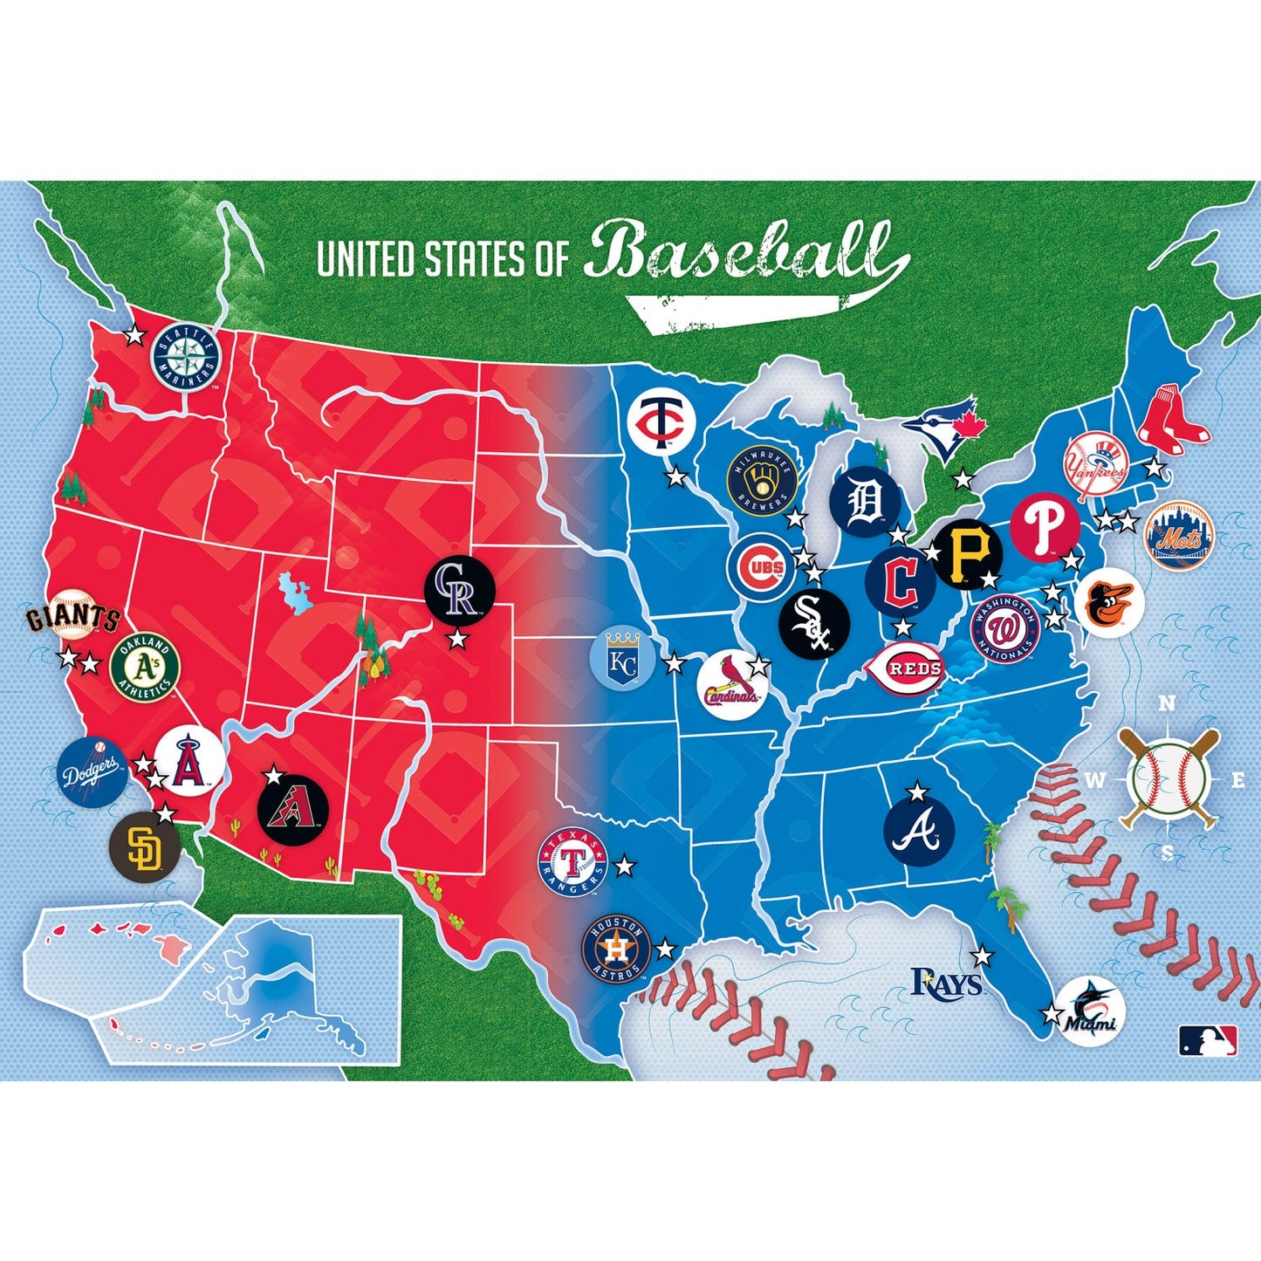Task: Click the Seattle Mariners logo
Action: coord(184,356)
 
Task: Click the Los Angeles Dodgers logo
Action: coord(93,771)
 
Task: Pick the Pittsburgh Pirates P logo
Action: coord(967,552)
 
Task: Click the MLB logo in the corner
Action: coord(1208,1040)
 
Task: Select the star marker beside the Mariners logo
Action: coord(134,335)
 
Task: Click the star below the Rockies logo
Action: coord(456,641)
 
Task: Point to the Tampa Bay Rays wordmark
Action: coord(947,983)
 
